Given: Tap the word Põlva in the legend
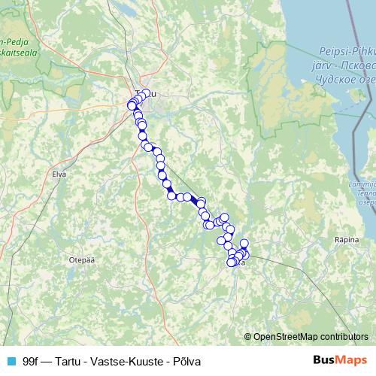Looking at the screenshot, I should [187, 360].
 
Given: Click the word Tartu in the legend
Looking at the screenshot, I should [73, 360].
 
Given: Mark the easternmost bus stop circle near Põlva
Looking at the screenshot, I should [245, 254].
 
